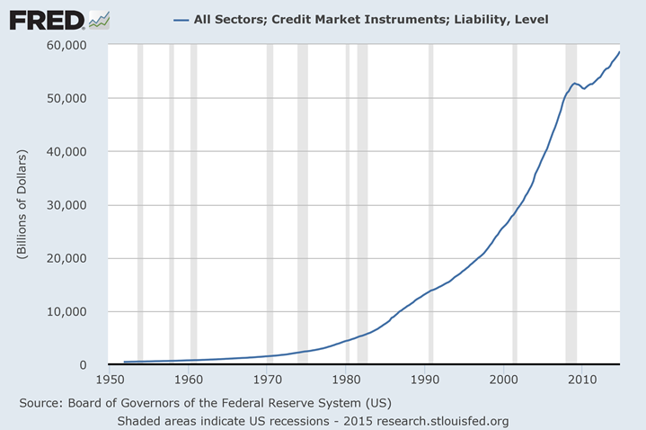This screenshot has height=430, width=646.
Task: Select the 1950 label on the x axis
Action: pos(110,380)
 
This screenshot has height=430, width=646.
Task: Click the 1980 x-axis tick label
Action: pos(346,380)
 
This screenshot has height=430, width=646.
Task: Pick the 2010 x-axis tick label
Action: pos(581,380)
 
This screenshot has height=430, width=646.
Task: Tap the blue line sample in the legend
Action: pos(180,19)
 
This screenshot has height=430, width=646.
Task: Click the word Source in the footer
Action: pos(40,402)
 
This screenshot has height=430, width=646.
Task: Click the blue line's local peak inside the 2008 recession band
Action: pos(574,83)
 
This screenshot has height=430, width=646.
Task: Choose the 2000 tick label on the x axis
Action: pos(503,380)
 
